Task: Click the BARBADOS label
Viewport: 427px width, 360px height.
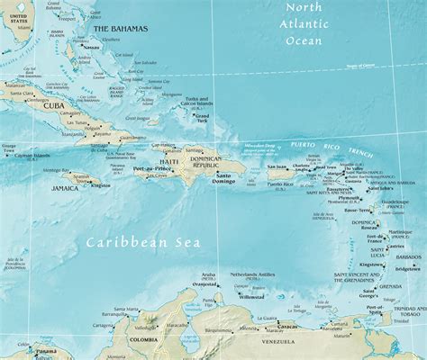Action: [406, 256]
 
